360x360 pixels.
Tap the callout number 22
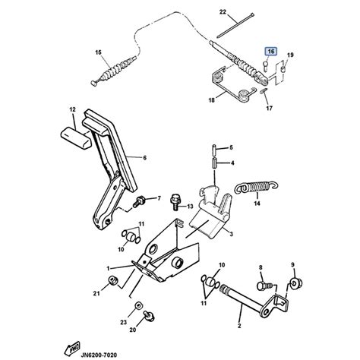click(x=223, y=13)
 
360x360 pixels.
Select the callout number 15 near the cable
click(x=98, y=52)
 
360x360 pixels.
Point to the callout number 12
click(x=73, y=110)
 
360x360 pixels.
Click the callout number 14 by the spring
click(x=257, y=204)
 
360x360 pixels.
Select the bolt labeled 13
click(x=174, y=203)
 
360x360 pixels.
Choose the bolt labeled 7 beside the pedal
click(x=141, y=201)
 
